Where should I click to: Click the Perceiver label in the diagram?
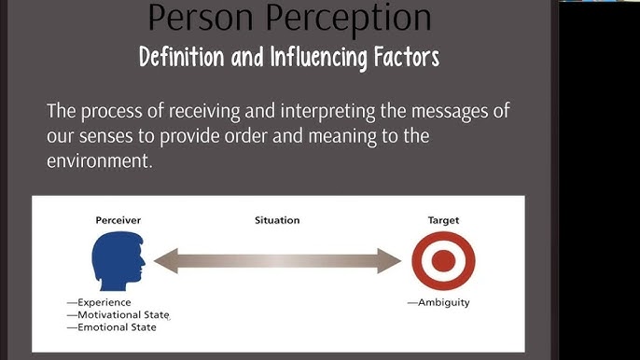118,220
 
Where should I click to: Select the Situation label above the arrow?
277,220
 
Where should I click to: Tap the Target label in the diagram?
443,220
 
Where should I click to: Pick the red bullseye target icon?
443,261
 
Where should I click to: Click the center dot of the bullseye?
443,261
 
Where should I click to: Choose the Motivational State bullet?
118,314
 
